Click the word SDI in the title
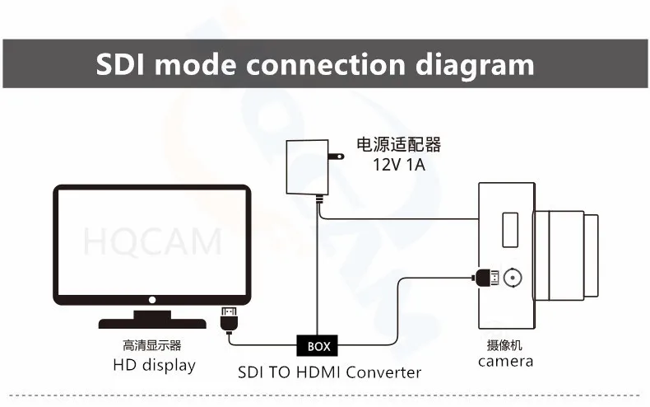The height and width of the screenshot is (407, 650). pos(120,64)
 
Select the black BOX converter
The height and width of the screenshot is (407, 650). pos(318,346)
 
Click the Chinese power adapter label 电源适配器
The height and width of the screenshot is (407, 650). pos(398,145)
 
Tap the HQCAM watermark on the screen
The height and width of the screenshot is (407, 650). pos(152,242)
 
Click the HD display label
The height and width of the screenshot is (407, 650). pos(154,365)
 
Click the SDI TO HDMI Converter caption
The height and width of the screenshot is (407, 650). pos(329,372)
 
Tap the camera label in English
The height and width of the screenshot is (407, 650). pos(505,361)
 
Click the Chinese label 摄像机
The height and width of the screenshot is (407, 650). pos(504,345)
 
